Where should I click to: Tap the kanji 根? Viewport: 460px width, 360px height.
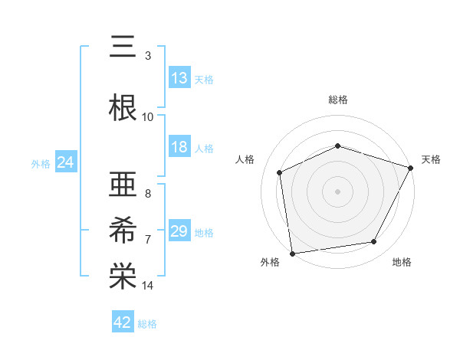(x=123, y=106)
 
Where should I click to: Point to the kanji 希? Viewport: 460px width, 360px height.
(x=123, y=227)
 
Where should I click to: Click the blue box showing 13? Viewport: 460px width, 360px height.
(x=179, y=78)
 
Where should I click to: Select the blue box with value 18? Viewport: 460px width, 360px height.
(x=179, y=148)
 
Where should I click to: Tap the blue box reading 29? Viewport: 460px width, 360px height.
(x=179, y=231)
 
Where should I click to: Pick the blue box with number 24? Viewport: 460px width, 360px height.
(x=65, y=162)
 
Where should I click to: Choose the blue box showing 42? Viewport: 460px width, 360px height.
(x=123, y=322)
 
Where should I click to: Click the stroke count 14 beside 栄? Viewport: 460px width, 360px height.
(x=148, y=286)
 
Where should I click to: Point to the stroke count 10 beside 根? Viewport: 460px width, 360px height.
(x=148, y=117)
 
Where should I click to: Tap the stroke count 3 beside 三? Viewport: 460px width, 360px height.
(x=148, y=56)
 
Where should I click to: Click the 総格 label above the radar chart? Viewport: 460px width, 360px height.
(x=338, y=100)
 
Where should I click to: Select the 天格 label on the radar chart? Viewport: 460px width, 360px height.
(x=431, y=159)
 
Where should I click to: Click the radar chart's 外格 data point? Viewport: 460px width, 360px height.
(x=292, y=253)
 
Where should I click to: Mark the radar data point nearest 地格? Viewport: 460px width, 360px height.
(x=374, y=242)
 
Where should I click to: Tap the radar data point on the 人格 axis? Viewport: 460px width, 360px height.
(x=280, y=172)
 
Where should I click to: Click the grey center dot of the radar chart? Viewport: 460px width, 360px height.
(x=338, y=191)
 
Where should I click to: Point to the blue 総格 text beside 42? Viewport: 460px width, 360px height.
(x=147, y=324)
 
